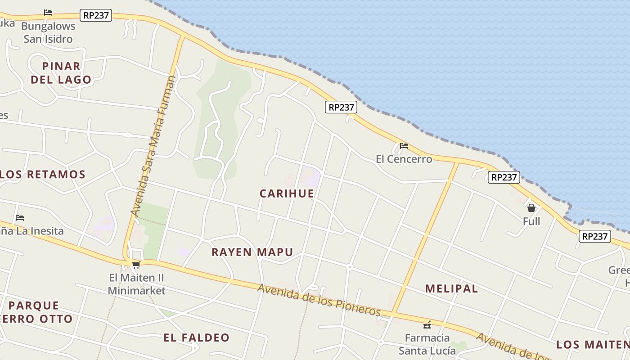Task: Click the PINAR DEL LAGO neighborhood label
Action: coord(61,73)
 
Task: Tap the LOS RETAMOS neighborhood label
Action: coord(43,175)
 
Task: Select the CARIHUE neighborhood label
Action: coord(287,193)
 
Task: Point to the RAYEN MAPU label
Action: coord(252,252)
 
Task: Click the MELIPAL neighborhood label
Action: coord(451,288)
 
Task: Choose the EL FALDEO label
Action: coord(196,337)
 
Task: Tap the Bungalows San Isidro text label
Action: coord(48,32)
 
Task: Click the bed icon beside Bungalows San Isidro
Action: coord(48,13)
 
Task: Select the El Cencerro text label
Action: coord(404,159)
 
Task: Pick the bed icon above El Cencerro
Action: coord(404,146)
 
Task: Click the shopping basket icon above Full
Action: coord(531,208)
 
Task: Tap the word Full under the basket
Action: coord(531,221)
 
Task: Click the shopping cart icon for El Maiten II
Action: coord(136,265)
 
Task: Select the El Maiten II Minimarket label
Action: coord(136,284)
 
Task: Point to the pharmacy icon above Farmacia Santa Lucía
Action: coord(427,324)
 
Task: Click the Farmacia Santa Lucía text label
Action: coord(427,344)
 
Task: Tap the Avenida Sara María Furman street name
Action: coord(153,146)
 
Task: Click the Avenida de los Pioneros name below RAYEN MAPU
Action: coord(319,300)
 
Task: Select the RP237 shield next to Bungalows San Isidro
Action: coord(96,15)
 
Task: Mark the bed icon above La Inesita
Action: coord(19,218)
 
